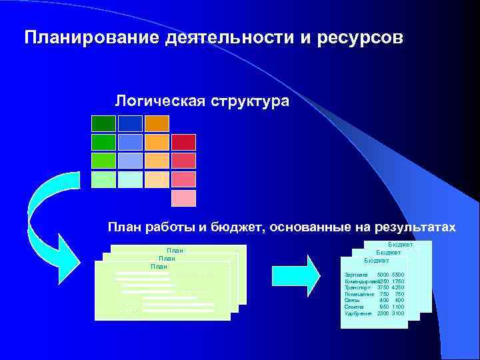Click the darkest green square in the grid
pyautogui.click(x=103, y=123)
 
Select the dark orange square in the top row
pyautogui.click(x=157, y=123)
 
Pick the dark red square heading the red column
pyautogui.click(x=184, y=142)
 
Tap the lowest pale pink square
pyautogui.click(x=184, y=198)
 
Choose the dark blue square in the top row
pyautogui.click(x=130, y=123)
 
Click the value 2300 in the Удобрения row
pyautogui.click(x=383, y=313)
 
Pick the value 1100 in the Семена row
pyautogui.click(x=397, y=307)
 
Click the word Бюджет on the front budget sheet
pyautogui.click(x=375, y=260)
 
